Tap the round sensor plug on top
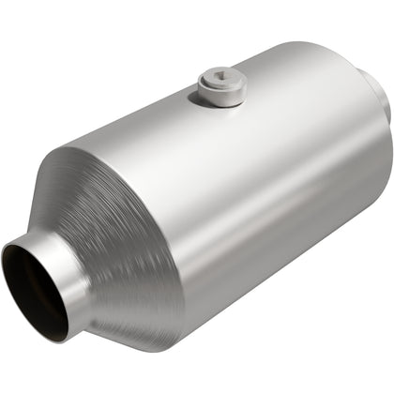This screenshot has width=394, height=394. pos(221,86)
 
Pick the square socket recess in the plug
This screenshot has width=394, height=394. pos(222,82)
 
